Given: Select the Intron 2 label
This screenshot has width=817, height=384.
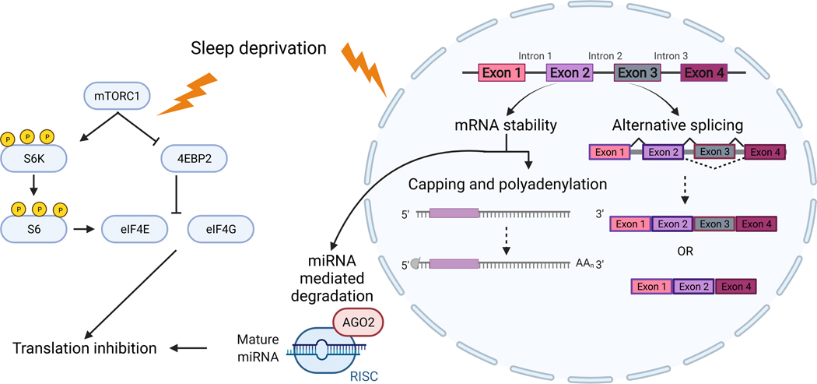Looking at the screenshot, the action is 605,55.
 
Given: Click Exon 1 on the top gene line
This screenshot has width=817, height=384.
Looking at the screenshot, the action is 502,72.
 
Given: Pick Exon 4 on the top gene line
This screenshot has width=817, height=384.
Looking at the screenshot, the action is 704,72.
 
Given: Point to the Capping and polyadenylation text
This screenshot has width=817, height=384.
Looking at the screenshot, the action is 508,185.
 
